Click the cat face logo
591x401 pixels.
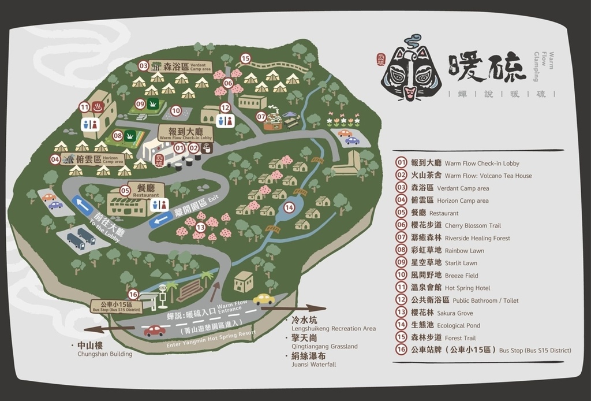(410, 70)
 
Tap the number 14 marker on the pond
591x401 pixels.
(289, 207)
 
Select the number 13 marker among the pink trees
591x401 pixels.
(200, 228)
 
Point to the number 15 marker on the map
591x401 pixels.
(245, 58)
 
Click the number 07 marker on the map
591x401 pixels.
(261, 117)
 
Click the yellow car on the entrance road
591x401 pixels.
(264, 299)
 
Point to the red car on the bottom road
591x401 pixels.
(155, 331)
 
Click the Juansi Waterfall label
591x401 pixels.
(313, 360)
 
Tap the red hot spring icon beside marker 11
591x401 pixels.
(98, 107)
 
